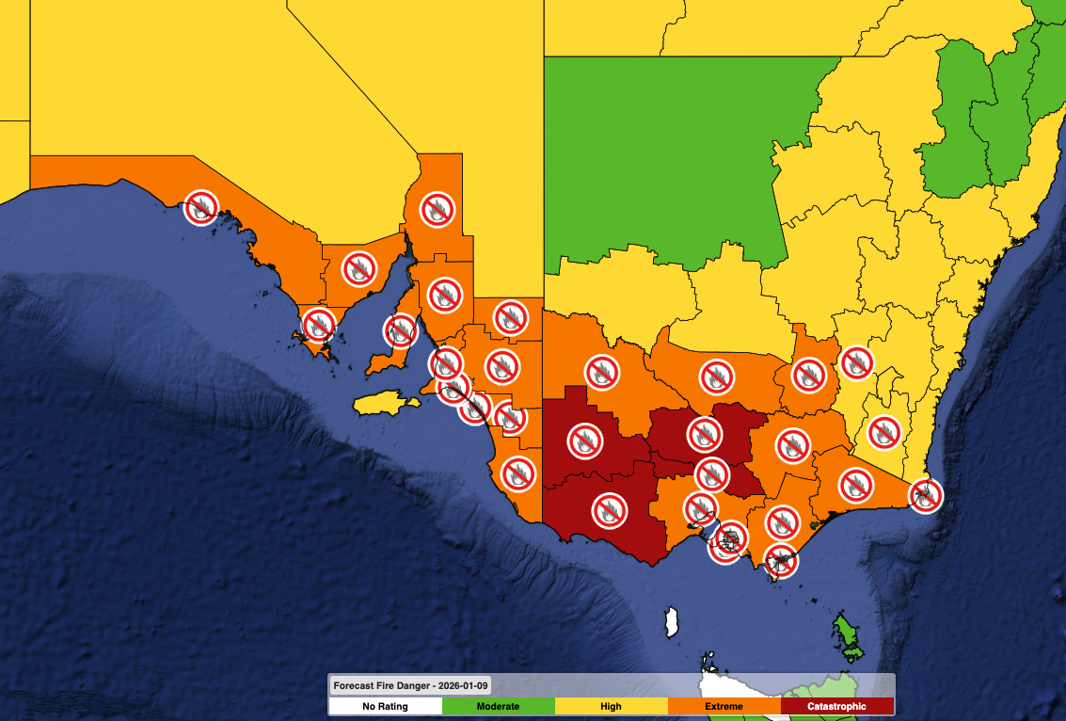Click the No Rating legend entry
click(x=386, y=706)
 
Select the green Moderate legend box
click(x=499, y=706)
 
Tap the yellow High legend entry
click(x=612, y=706)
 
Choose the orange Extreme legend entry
click(x=724, y=706)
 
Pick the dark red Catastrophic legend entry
click(x=837, y=706)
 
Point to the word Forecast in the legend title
click(x=357, y=685)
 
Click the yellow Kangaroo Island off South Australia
click(x=386, y=403)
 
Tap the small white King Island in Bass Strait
click(x=673, y=622)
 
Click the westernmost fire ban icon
click(x=200, y=207)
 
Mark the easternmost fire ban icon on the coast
click(x=926, y=495)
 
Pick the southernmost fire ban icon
click(x=780, y=561)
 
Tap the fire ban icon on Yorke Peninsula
click(x=400, y=330)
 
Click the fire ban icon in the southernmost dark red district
click(x=610, y=510)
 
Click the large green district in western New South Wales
click(x=677, y=160)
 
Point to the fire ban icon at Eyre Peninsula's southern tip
click(x=318, y=325)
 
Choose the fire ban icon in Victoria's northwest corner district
click(x=602, y=372)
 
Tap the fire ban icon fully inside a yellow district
click(x=883, y=432)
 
